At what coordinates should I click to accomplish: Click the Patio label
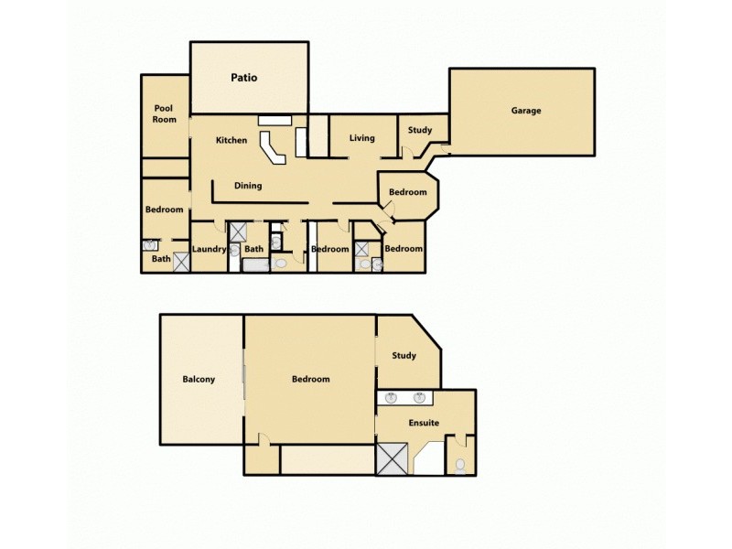(x=243, y=78)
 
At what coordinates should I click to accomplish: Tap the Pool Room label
(x=165, y=113)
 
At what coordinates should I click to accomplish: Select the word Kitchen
(x=231, y=140)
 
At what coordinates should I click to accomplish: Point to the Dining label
(x=248, y=186)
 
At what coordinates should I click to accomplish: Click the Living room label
(x=362, y=138)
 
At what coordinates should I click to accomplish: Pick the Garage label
(x=526, y=111)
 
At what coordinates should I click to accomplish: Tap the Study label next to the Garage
(x=420, y=130)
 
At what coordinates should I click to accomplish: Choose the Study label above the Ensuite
(x=404, y=355)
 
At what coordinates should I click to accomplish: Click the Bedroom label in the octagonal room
(x=407, y=192)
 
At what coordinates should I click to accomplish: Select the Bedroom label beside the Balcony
(x=311, y=379)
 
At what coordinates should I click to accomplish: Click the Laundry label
(x=210, y=249)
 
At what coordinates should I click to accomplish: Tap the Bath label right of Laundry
(x=254, y=249)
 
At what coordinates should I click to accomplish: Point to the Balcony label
(x=199, y=379)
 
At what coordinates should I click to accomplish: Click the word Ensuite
(x=424, y=423)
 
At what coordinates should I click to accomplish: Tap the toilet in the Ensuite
(x=460, y=465)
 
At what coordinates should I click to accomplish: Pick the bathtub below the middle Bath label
(x=256, y=264)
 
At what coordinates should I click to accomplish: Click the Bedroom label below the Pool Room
(x=165, y=210)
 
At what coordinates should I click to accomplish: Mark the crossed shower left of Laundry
(x=181, y=263)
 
